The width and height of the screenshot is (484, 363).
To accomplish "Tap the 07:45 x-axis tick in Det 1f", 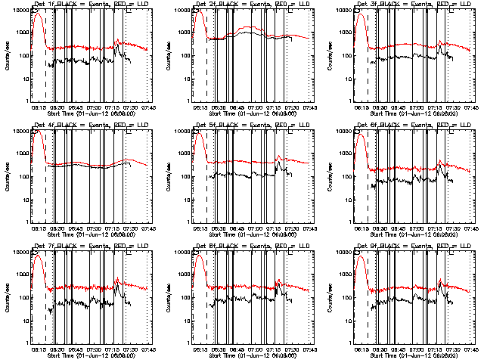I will [147, 107].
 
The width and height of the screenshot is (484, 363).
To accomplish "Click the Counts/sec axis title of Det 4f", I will [6, 175].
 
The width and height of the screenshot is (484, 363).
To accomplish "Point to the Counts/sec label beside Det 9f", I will [328, 296].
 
